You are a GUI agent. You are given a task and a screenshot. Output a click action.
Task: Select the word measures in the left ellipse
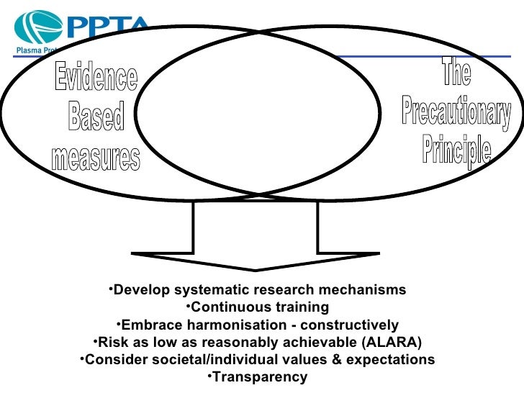pyautogui.click(x=96, y=157)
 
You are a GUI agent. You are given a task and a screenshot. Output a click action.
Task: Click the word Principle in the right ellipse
pyautogui.click(x=457, y=150)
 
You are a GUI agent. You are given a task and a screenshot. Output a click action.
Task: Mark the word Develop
pyautogui.click(x=137, y=290)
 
